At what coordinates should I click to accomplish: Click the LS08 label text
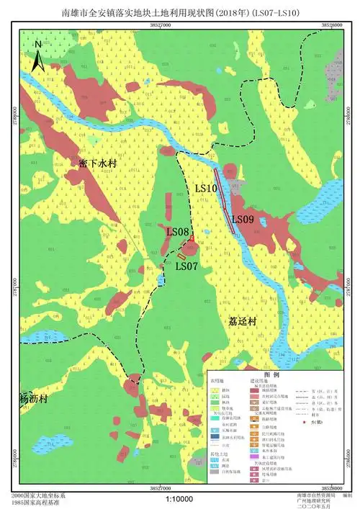(x=177, y=232)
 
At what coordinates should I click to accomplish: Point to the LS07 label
(x=186, y=266)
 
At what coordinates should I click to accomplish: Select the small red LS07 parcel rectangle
(x=182, y=256)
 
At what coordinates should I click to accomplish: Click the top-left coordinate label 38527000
(x=161, y=25)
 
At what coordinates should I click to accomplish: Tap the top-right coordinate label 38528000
(x=328, y=25)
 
